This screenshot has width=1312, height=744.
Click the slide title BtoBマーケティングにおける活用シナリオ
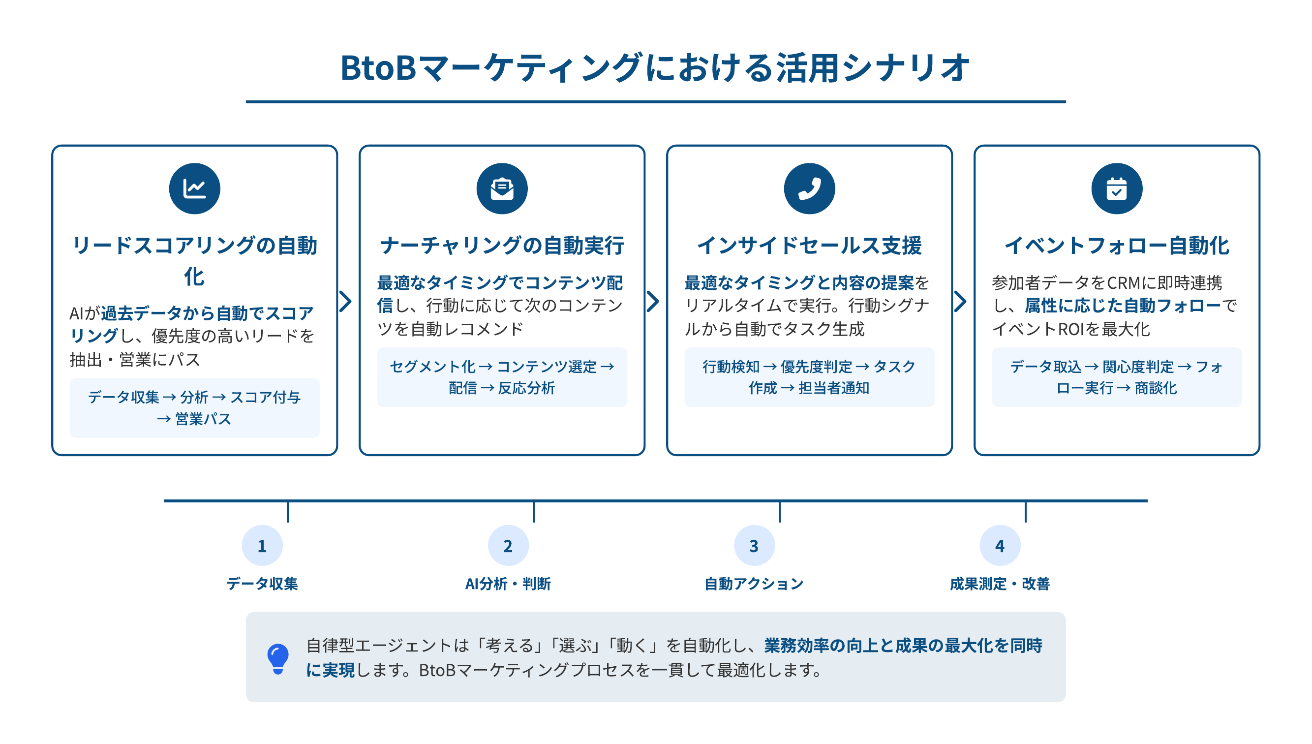[x=655, y=67]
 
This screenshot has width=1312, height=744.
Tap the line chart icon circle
[x=195, y=188]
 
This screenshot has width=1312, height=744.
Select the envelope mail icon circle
[x=502, y=188]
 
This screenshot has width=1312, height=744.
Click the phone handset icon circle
[x=809, y=188]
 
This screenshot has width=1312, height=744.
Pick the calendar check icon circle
[x=1117, y=188]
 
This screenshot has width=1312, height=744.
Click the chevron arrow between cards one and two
[x=346, y=301]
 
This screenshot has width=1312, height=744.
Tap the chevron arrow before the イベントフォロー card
[x=961, y=301]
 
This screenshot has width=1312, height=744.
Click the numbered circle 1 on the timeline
[x=262, y=546]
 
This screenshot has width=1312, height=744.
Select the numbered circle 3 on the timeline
[x=754, y=546]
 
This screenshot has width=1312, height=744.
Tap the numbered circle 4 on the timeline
[x=1000, y=546]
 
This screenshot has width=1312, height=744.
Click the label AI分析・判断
[x=508, y=584]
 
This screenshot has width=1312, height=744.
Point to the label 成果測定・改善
[x=1000, y=584]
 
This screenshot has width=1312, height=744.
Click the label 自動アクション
[x=754, y=584]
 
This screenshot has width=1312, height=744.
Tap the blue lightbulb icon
[x=278, y=658]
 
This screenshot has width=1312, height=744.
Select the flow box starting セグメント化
[x=502, y=377]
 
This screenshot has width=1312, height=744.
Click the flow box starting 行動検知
[x=809, y=377]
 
